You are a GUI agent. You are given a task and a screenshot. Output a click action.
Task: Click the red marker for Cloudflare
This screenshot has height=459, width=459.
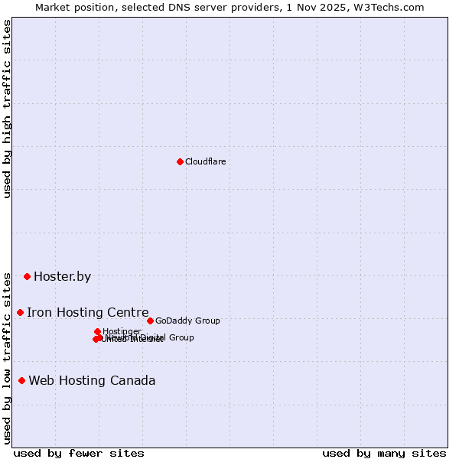[180, 161]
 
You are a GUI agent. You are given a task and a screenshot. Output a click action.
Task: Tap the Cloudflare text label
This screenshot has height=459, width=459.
[205, 161]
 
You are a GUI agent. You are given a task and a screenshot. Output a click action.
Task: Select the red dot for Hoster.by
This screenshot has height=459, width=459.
[27, 276]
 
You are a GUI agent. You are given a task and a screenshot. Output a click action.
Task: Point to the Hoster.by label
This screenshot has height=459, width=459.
[62, 276]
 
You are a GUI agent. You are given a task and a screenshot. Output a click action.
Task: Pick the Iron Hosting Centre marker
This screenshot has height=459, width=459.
[20, 312]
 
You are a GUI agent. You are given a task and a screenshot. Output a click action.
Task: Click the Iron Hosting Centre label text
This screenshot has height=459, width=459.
[87, 312]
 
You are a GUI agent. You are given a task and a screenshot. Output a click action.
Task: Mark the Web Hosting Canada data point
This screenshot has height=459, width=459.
[21, 380]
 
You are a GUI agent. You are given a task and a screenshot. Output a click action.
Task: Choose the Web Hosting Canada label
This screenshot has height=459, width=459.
[92, 380]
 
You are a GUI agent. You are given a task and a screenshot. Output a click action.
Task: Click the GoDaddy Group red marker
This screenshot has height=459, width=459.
[150, 321]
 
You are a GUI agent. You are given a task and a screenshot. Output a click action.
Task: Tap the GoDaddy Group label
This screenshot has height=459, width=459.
[187, 321]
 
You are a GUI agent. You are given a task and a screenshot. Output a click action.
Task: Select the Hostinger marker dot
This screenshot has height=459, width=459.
[97, 331]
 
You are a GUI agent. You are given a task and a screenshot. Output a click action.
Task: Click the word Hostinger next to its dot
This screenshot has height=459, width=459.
[122, 331]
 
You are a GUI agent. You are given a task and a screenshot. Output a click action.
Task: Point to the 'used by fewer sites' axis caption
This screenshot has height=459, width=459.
[79, 453]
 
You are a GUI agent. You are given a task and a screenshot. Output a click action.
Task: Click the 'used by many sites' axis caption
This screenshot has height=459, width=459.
[384, 453]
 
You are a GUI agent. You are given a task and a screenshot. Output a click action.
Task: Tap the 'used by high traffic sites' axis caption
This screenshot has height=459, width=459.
[8, 109]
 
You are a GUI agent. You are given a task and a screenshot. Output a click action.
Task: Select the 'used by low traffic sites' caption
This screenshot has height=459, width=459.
[8, 357]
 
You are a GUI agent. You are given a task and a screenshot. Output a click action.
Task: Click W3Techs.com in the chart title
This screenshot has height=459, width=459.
[391, 7]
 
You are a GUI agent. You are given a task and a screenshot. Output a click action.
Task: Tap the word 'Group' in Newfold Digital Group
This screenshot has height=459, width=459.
[181, 337]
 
